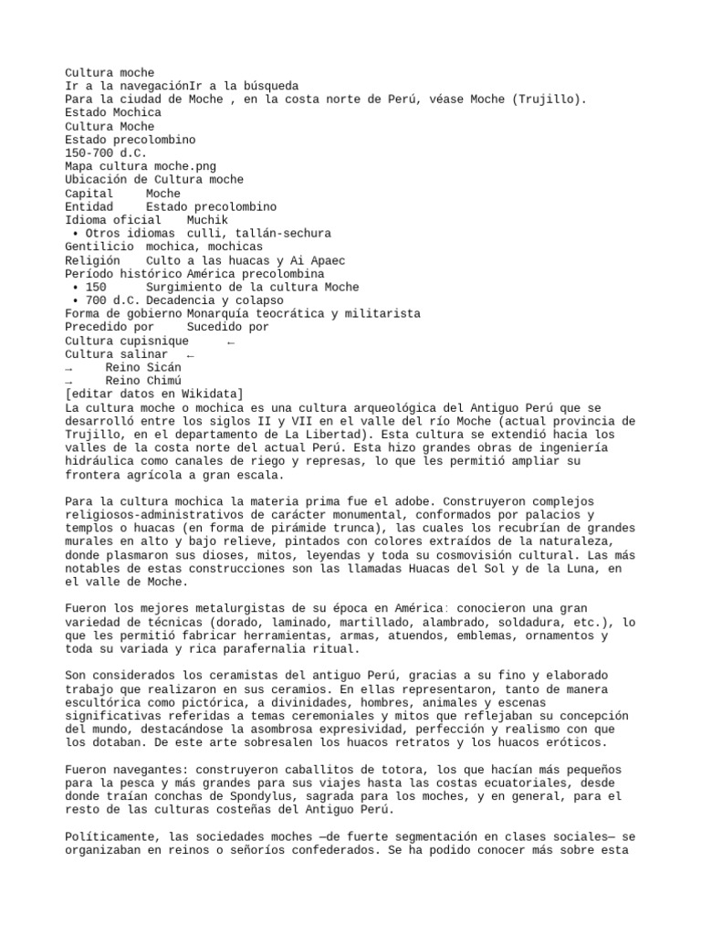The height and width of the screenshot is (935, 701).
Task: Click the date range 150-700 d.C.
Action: [105, 153]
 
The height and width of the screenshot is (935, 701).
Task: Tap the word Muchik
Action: [207, 220]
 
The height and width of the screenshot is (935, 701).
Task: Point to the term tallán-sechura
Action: [284, 234]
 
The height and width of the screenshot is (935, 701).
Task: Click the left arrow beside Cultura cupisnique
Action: [231, 341]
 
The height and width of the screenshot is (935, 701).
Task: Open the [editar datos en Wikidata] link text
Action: [152, 394]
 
